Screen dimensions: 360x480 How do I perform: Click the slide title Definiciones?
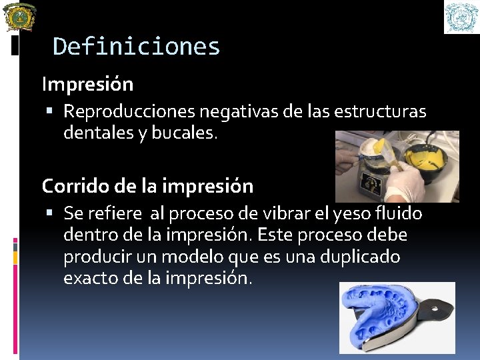(136, 47)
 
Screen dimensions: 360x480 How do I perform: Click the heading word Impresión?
(87, 85)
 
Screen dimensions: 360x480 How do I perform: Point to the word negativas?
(239, 111)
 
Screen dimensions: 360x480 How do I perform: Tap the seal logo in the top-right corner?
(461, 17)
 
